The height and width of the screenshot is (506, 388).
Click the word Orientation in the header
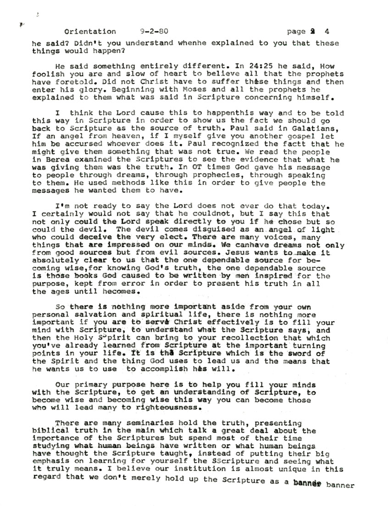(x=90, y=32)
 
